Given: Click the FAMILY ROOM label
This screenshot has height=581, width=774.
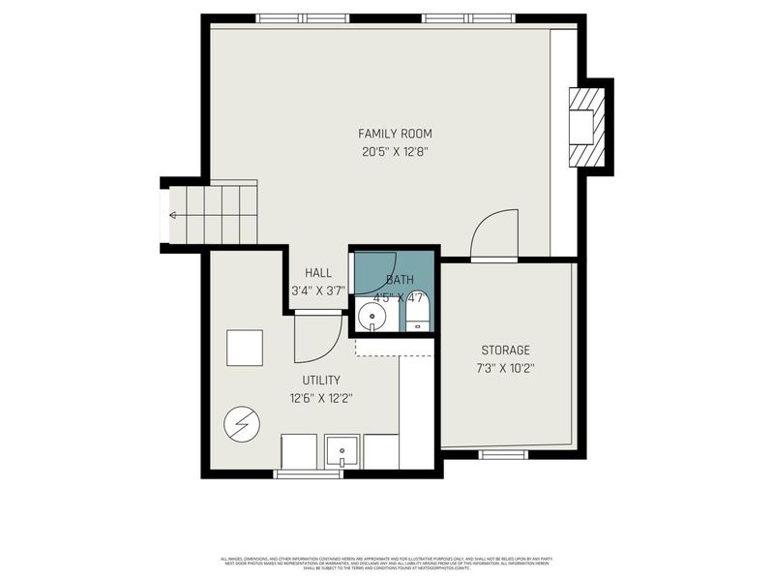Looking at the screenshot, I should (395, 134).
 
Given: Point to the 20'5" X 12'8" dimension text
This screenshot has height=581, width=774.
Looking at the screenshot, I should (395, 151).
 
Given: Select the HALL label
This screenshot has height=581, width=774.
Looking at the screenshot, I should (318, 273).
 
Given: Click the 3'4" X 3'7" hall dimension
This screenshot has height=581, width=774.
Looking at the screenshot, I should (318, 290).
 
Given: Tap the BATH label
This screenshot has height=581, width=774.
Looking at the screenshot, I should (400, 280).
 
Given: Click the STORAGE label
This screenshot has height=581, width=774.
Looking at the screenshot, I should (506, 350).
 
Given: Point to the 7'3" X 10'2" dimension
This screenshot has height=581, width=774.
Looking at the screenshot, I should (506, 367).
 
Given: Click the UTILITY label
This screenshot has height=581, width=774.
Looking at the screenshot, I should (320, 380).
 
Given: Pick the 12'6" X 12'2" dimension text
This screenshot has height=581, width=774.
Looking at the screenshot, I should (320, 397).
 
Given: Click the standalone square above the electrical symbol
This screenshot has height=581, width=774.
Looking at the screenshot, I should (245, 348).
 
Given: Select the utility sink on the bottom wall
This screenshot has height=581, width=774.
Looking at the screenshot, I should (342, 451).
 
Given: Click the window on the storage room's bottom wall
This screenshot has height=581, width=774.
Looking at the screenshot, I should (503, 453).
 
